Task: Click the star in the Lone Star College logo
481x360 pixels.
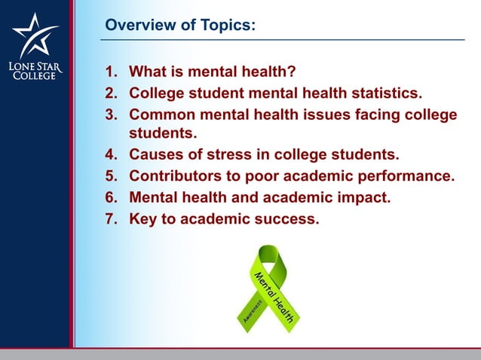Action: pos(35,35)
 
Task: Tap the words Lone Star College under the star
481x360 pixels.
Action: pos(35,70)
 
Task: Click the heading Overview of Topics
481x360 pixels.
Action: pos(180,26)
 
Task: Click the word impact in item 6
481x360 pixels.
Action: pos(370,198)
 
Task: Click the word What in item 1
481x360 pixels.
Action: pos(149,73)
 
